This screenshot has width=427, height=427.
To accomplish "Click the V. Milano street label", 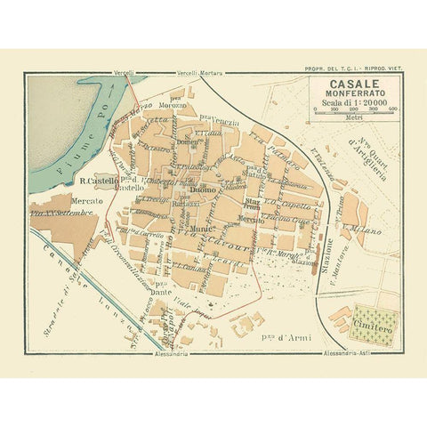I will coord(368,233).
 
